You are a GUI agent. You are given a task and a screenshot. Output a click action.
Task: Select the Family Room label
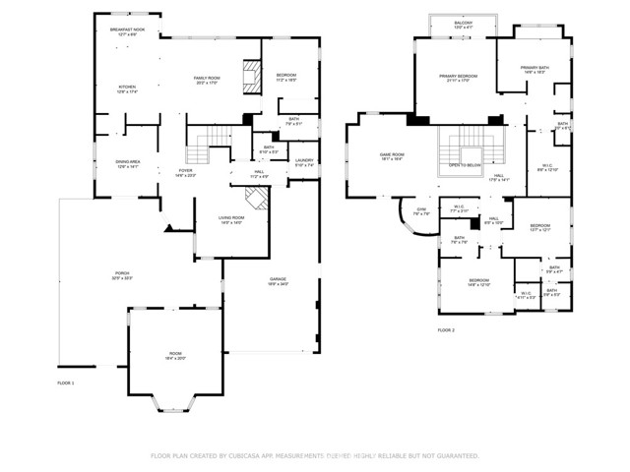(206, 79)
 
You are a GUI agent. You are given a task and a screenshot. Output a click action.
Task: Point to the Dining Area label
(130, 165)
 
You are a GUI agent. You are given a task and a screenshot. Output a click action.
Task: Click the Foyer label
(185, 172)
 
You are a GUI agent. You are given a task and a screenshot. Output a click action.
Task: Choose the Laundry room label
(304, 162)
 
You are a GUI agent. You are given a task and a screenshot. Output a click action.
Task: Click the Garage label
(279, 282)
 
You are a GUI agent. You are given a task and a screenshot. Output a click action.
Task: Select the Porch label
(124, 274)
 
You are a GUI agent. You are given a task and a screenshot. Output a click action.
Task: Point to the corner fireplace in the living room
(256, 201)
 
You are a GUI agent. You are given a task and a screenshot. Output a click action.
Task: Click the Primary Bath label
(535, 70)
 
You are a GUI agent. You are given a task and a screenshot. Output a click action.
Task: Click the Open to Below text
(464, 166)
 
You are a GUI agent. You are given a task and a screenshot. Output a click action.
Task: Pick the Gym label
(420, 211)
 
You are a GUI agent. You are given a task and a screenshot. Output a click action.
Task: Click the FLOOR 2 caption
(446, 330)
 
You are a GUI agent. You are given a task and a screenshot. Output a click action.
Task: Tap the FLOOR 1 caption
(65, 382)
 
